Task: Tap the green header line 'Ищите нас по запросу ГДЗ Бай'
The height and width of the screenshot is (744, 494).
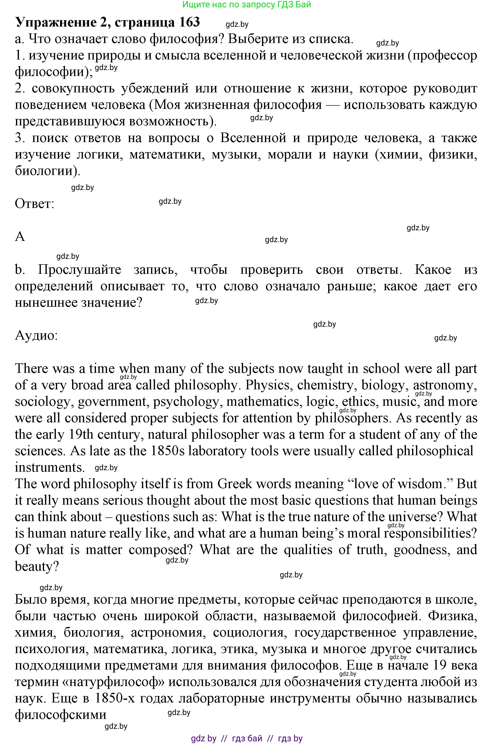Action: click(247, 4)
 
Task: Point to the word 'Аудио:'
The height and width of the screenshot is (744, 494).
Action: click(36, 336)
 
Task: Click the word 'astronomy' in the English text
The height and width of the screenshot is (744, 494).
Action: click(444, 385)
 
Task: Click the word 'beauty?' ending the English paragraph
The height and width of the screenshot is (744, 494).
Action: click(37, 567)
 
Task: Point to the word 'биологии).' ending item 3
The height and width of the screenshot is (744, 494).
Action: click(47, 171)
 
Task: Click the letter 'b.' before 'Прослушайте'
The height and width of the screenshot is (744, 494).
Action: click(19, 270)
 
